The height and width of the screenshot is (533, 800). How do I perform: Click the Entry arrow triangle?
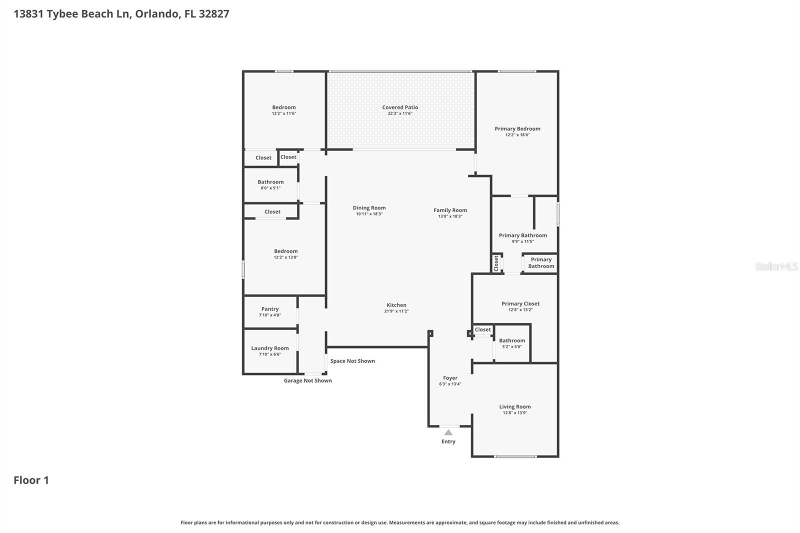pos(448,432)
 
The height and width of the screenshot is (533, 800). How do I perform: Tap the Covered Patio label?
pos(400,107)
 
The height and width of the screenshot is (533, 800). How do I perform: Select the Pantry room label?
pos(270,309)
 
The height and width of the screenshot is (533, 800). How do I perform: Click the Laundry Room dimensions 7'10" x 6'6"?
pos(270,354)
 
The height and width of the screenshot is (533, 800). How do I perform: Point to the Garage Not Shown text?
pos(307,380)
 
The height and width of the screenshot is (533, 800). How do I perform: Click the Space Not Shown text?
pos(352,361)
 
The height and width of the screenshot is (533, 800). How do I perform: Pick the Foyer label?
pos(450,378)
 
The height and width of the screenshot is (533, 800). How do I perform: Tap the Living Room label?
pos(515,406)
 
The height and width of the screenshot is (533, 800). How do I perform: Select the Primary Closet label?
pos(520,303)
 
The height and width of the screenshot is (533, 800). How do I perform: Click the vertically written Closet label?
pos(496,263)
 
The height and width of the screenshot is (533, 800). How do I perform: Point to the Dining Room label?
pos(369,208)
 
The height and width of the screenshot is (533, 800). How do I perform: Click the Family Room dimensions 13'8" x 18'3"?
pos(450,216)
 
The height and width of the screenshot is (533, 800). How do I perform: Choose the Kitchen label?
pos(396,305)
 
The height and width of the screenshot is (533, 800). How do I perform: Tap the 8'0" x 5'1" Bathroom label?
pos(270,182)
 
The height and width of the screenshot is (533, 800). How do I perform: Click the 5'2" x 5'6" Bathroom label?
pos(512,340)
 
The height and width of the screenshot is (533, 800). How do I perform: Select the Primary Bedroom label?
pos(517,128)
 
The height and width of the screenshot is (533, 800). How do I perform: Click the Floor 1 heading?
pos(31,480)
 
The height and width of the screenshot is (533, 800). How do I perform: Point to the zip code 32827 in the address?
pos(214,14)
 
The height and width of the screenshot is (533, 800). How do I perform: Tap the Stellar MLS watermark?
pos(776,266)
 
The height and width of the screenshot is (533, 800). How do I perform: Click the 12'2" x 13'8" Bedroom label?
pos(285,251)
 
